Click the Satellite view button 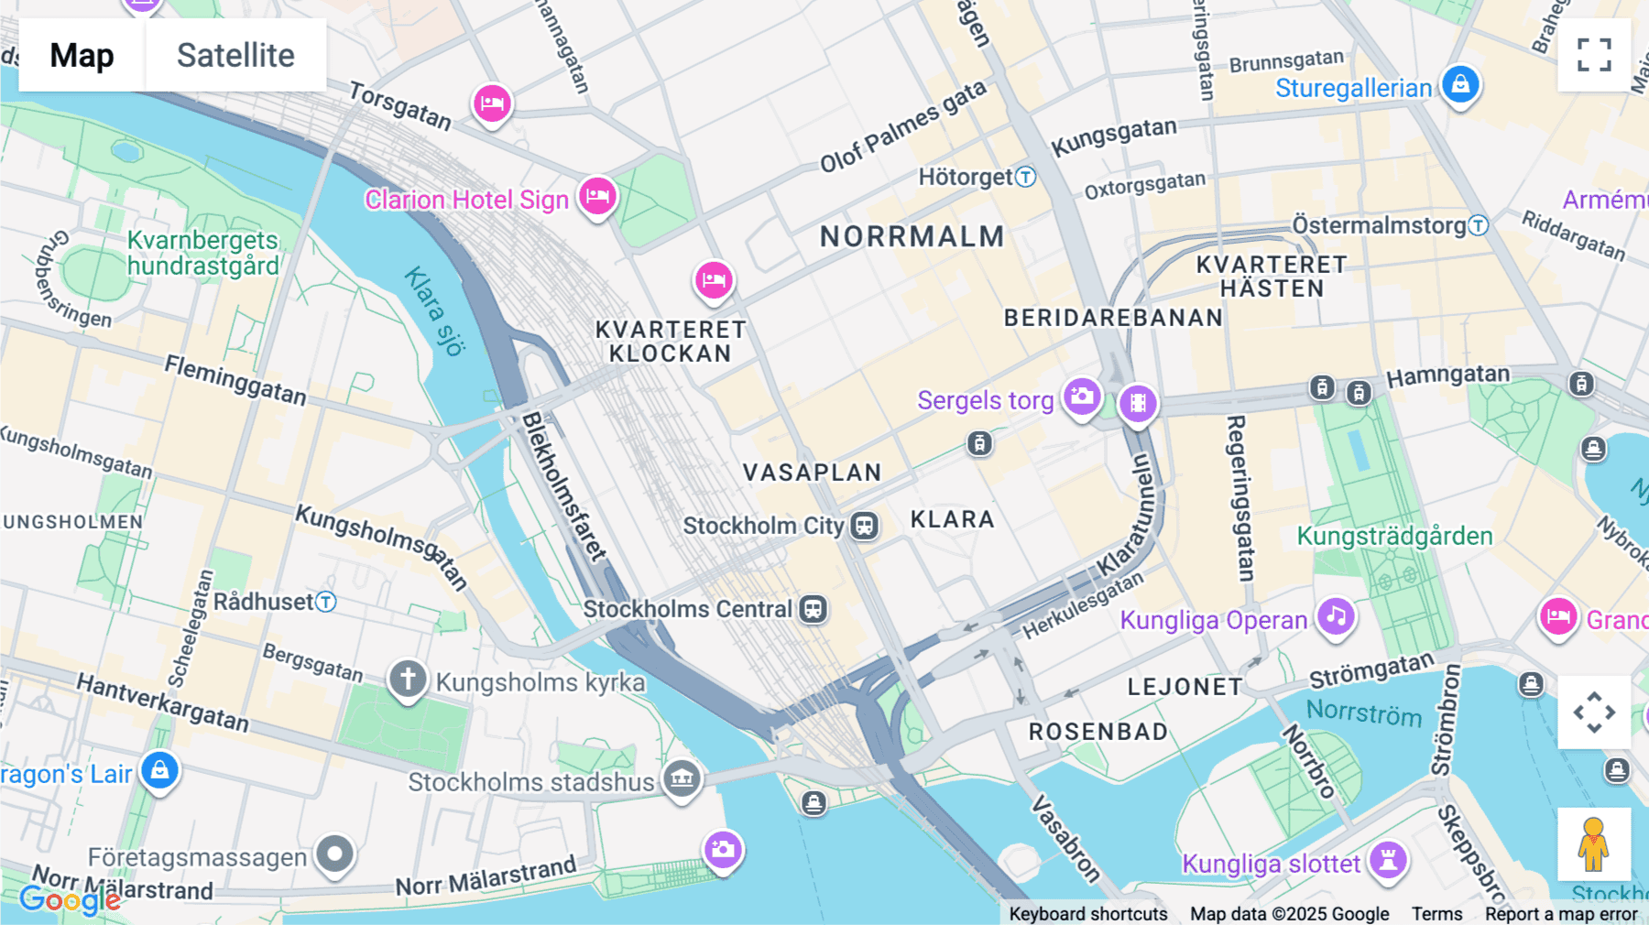click(x=235, y=55)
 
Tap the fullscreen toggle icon click(x=1594, y=55)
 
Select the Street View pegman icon click(x=1593, y=844)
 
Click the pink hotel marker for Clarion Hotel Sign click(x=597, y=196)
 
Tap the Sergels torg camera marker click(x=1082, y=397)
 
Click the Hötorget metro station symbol click(x=1026, y=177)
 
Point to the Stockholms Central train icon click(x=813, y=609)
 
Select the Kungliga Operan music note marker click(x=1336, y=617)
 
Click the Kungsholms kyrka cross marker click(x=408, y=680)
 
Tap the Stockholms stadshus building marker click(x=682, y=779)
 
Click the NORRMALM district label click(x=912, y=236)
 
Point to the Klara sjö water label click(x=435, y=310)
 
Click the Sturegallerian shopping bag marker click(x=1460, y=85)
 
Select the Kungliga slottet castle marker click(x=1388, y=860)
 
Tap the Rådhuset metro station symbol click(x=326, y=602)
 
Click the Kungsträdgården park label click(x=1394, y=536)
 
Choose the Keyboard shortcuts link click(x=1087, y=913)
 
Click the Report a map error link click(x=1561, y=913)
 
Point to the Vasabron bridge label click(x=1065, y=838)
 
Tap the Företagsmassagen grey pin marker click(x=334, y=854)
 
